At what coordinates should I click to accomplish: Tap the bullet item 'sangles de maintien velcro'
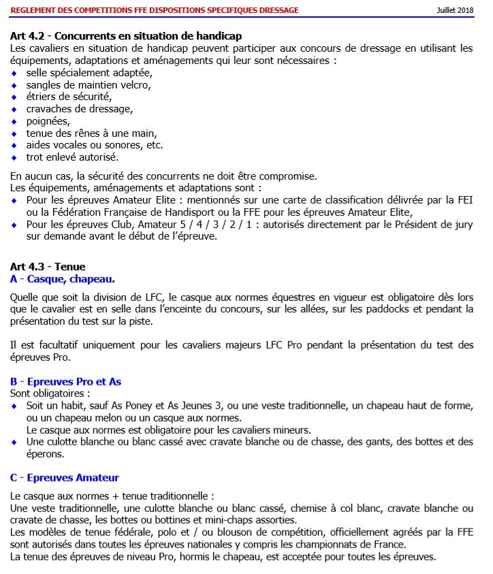88,84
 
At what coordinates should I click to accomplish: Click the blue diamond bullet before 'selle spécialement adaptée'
15,73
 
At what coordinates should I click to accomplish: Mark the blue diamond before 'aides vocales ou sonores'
15,144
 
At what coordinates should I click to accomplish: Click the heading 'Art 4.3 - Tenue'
48,267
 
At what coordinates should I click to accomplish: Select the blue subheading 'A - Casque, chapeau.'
63,279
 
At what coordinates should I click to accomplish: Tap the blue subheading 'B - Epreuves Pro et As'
65,381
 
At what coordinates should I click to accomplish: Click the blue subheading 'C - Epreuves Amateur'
65,477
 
